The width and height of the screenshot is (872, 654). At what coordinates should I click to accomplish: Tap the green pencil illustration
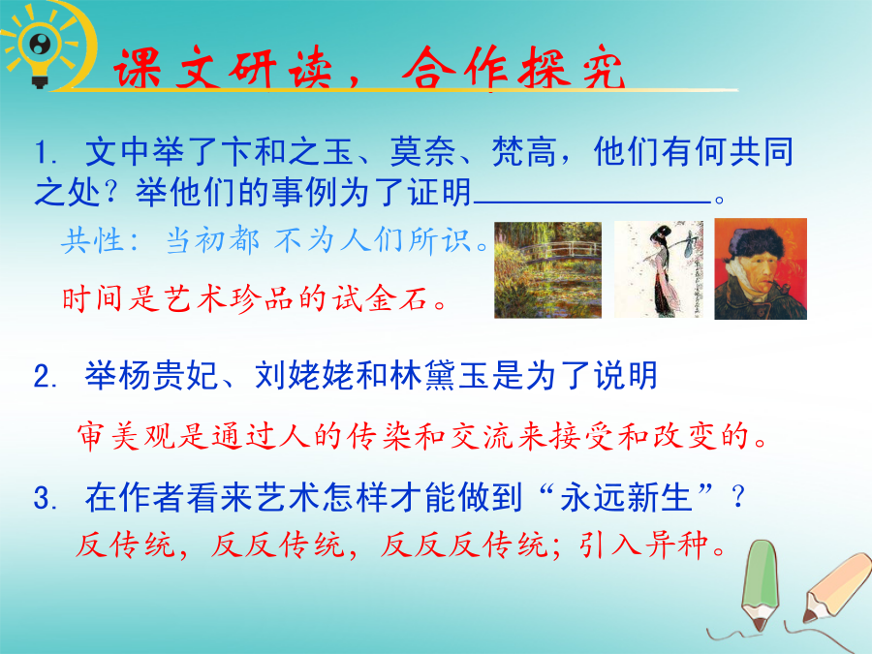pyautogui.click(x=760, y=584)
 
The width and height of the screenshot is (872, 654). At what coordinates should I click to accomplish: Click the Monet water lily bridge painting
pyautogui.click(x=547, y=269)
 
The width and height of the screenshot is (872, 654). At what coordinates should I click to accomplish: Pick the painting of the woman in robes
pyautogui.click(x=659, y=269)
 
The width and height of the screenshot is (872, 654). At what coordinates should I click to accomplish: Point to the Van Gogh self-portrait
pyautogui.click(x=761, y=268)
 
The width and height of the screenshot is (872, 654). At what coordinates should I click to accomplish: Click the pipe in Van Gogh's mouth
pyautogui.click(x=779, y=289)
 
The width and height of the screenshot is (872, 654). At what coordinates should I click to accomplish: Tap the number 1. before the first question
pyautogui.click(x=45, y=152)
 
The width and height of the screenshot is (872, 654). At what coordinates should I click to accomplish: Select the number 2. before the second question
pyautogui.click(x=45, y=377)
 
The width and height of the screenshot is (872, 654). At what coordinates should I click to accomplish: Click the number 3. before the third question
pyautogui.click(x=45, y=498)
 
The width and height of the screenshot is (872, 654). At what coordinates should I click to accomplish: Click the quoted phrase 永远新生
pyautogui.click(x=625, y=497)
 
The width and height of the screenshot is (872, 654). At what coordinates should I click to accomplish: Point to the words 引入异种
pyautogui.click(x=644, y=545)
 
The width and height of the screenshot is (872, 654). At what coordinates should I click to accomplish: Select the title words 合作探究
pyautogui.click(x=514, y=69)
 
